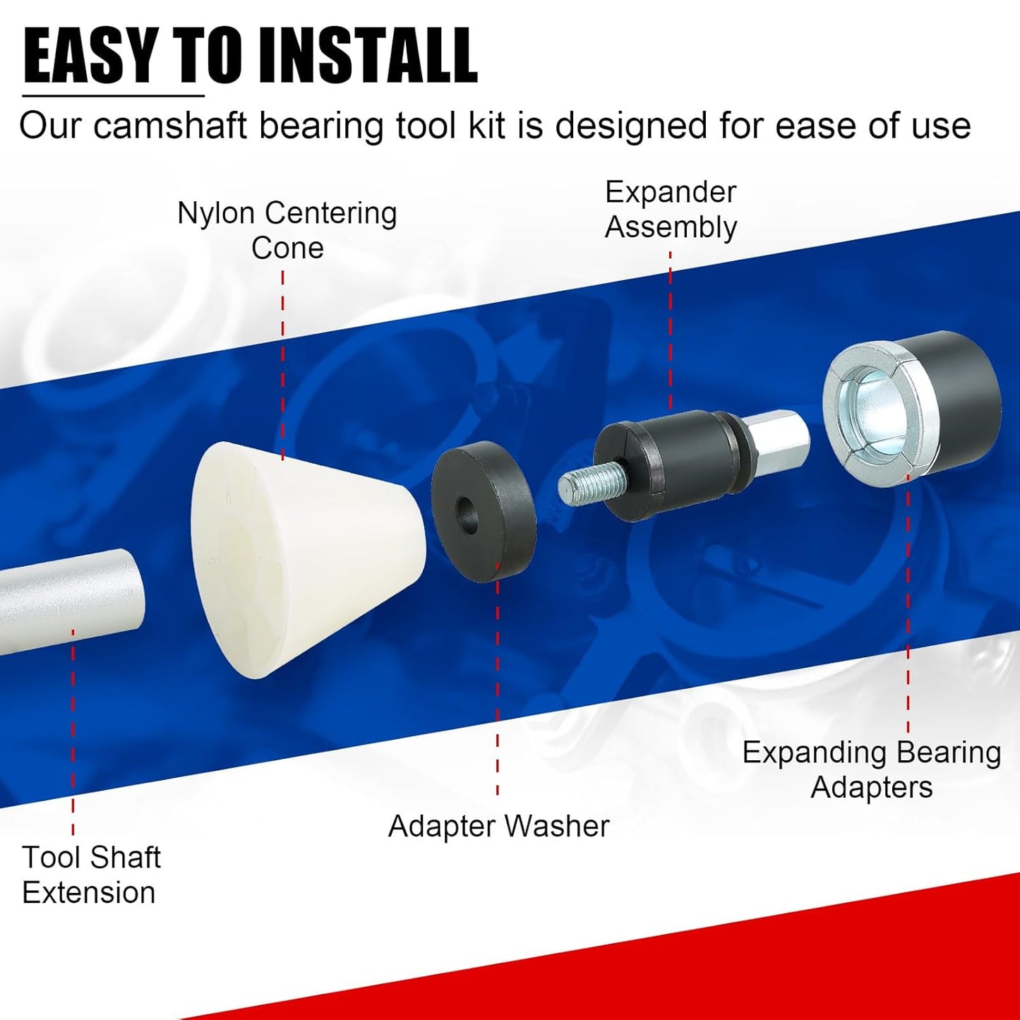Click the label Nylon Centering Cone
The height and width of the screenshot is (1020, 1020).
point(287,230)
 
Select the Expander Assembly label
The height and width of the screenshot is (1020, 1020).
point(671,210)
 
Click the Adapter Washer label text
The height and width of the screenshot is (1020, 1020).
point(498,826)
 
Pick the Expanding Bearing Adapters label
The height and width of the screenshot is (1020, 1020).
point(872,769)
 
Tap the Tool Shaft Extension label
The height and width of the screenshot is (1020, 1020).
point(90,875)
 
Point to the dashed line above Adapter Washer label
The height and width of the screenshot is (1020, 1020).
point(498,678)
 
